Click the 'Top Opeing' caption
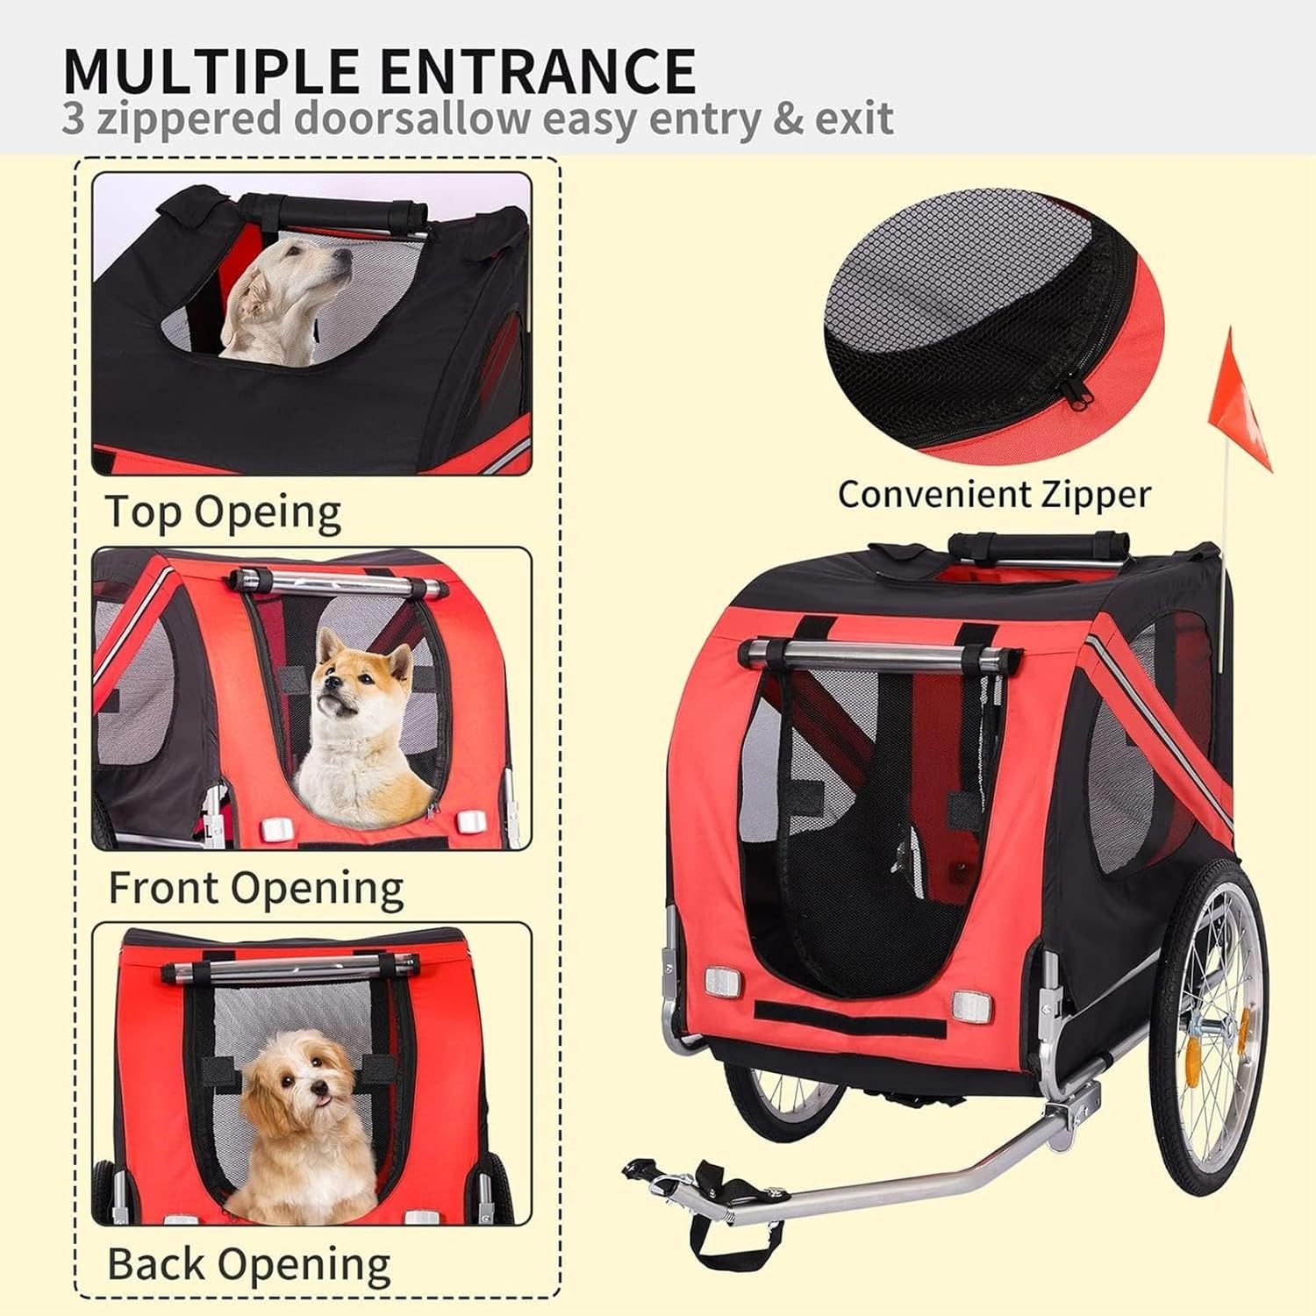223,512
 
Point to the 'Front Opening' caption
255,888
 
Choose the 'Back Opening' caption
248,1264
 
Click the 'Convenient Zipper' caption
993,494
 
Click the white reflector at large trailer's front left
724,981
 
